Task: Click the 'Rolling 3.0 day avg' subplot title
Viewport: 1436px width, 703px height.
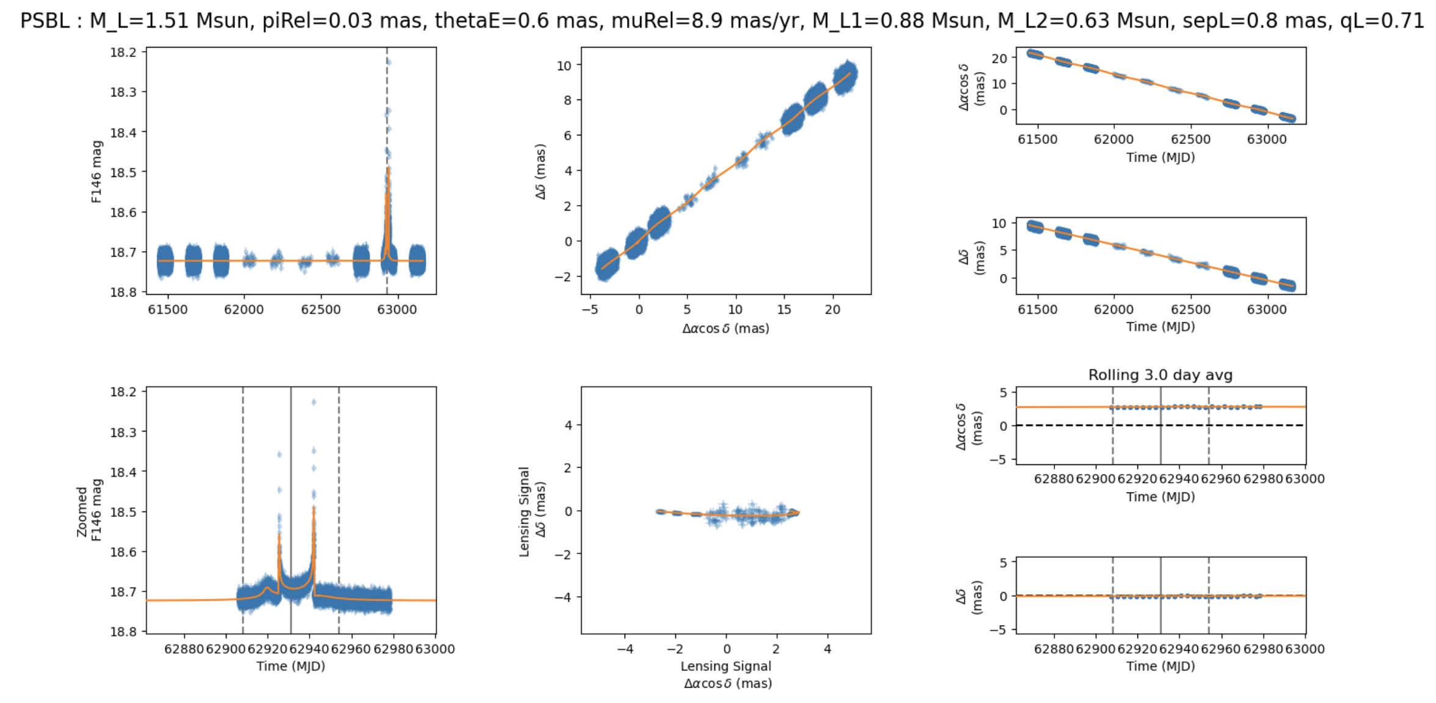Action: point(1160,375)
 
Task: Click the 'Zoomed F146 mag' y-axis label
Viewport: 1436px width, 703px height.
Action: point(89,511)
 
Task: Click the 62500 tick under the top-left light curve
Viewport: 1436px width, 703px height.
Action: point(321,310)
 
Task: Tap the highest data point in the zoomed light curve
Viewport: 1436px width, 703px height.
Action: point(314,402)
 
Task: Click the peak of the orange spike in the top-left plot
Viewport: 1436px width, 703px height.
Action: point(388,169)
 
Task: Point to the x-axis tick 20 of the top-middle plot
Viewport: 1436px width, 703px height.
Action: point(832,310)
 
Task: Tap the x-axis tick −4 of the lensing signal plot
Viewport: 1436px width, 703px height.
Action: point(625,649)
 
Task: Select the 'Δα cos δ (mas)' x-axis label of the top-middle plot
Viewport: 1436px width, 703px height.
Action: point(725,329)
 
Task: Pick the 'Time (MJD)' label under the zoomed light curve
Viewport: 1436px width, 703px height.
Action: point(291,666)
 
